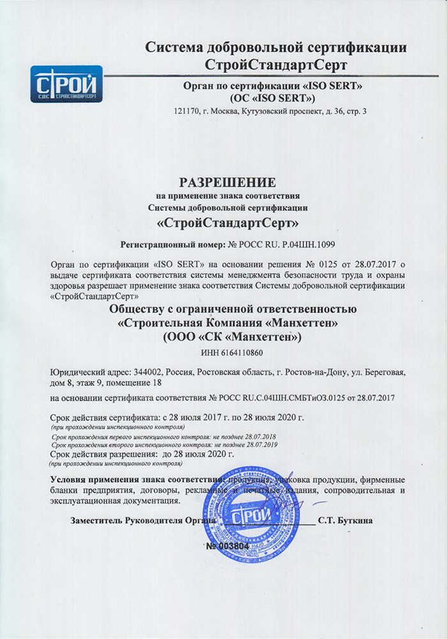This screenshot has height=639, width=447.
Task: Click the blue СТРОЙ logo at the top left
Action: pyautogui.click(x=66, y=84)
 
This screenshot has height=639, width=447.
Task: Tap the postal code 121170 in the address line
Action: pyautogui.click(x=186, y=112)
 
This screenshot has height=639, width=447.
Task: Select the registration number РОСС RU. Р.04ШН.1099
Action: pyautogui.click(x=281, y=245)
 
